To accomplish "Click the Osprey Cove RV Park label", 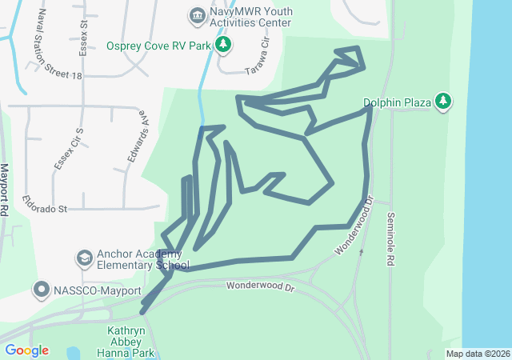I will [158, 46].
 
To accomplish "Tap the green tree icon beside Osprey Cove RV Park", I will [225, 45].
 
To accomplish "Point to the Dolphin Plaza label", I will [397, 102].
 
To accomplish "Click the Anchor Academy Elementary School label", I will [142, 260].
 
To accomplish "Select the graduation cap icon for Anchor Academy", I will [84, 259].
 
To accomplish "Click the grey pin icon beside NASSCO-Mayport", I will [41, 289].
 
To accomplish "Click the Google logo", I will [26, 350].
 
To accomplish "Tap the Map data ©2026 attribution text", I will [477, 354].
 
